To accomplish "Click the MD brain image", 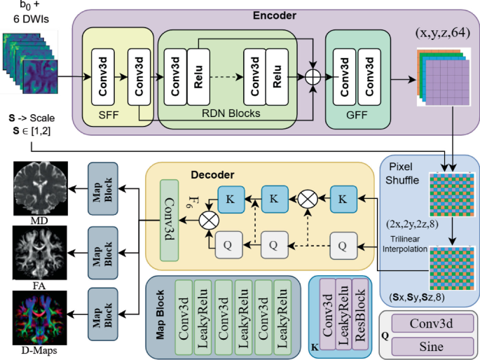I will coord(39,186).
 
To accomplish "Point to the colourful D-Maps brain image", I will coord(39,312).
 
